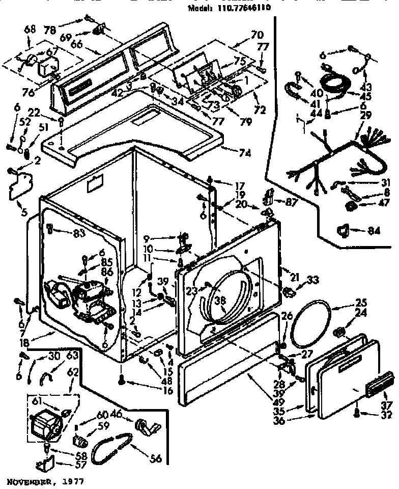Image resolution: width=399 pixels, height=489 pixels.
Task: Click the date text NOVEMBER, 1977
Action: tap(45, 480)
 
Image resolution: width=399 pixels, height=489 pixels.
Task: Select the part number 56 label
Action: tap(155, 459)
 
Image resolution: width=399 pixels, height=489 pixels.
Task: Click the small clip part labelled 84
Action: tap(346, 230)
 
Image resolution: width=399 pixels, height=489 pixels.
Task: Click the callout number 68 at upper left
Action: tap(30, 30)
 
